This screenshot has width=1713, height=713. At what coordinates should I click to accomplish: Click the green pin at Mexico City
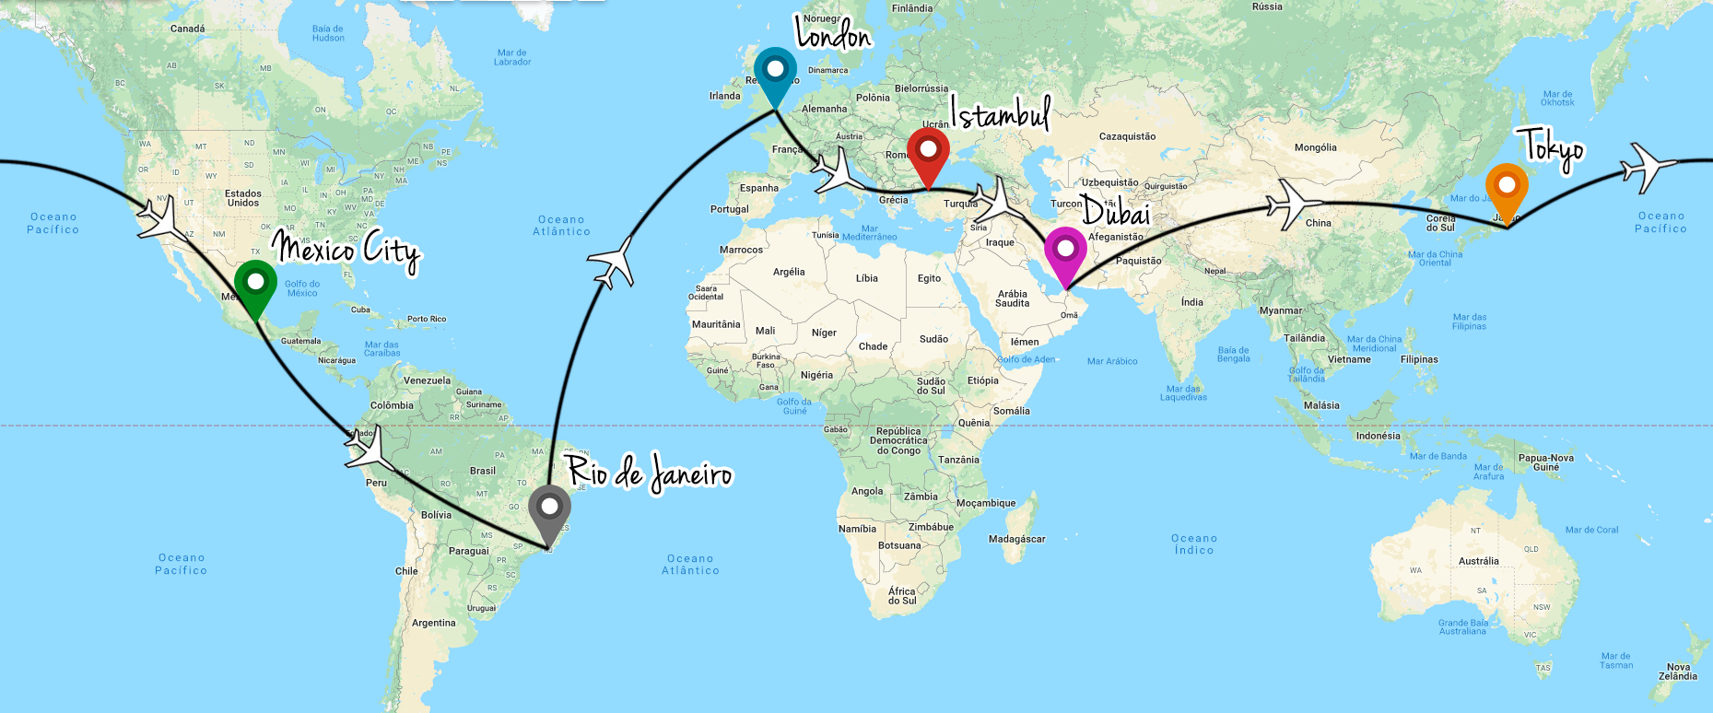pyautogui.click(x=255, y=282)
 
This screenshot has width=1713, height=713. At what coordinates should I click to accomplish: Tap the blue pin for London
pyautogui.click(x=775, y=70)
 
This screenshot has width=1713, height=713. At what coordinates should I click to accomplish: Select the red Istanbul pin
pyautogui.click(x=928, y=150)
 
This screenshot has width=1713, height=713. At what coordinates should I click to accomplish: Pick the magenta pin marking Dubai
pyautogui.click(x=1065, y=250)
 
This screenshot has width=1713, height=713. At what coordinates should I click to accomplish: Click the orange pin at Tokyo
pyautogui.click(x=1506, y=187)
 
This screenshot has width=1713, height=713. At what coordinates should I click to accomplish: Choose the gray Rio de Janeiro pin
pyautogui.click(x=549, y=508)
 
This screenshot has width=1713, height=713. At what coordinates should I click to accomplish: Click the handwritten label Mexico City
pyautogui.click(x=346, y=249)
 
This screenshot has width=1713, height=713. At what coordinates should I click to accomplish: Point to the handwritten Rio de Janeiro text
pyautogui.click(x=650, y=473)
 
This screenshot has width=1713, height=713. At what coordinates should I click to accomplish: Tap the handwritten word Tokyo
pyautogui.click(x=1554, y=147)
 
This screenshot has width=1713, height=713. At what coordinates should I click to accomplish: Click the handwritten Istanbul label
pyautogui.click(x=1001, y=115)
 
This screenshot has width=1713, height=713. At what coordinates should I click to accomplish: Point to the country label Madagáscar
pyautogui.click(x=1016, y=539)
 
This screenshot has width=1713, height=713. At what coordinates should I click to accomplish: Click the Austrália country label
pyautogui.click(x=1478, y=561)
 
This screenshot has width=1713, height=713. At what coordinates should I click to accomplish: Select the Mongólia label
pyautogui.click(x=1315, y=147)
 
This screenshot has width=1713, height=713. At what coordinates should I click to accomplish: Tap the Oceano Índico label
pyautogui.click(x=1194, y=544)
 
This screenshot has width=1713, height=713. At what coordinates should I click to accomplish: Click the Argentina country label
pyautogui.click(x=433, y=623)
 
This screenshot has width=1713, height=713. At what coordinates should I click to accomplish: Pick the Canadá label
pyautogui.click(x=188, y=29)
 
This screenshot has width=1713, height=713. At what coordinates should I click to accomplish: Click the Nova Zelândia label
pyautogui.click(x=1677, y=672)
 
